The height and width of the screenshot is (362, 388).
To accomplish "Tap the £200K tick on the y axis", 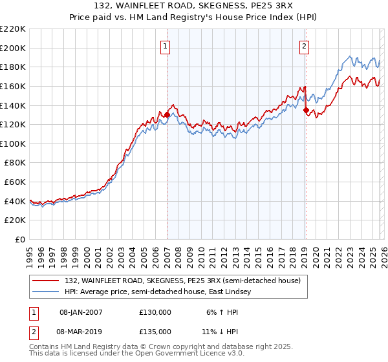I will coord(13,48).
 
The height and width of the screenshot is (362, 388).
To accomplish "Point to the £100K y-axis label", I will coord(13,144).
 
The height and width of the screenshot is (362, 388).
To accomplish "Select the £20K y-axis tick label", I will coord(15,220).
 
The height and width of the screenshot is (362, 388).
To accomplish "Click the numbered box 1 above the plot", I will coord(166,46).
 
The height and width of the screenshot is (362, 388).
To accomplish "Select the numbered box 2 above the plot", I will coord(304,46).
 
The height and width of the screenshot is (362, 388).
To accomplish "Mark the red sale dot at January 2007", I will coord(167,115).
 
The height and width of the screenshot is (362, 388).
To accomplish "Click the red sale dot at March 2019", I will coord(306,111).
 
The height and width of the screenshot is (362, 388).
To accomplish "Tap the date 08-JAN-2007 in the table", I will coord(81,312).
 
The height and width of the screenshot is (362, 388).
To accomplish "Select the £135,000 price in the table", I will coord(155,331).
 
